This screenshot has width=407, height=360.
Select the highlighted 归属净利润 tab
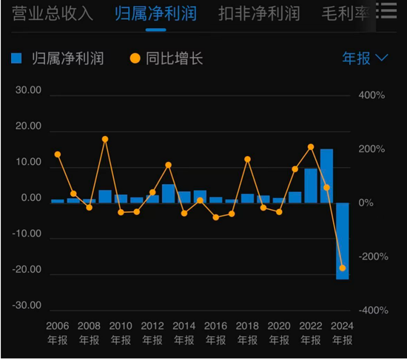[155, 13]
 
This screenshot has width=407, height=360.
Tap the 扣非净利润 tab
[259, 13]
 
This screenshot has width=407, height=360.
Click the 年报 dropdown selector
[365, 58]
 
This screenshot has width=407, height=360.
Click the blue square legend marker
[17, 58]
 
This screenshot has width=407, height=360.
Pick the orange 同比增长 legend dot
[135, 58]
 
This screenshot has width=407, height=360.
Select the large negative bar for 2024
[343, 241]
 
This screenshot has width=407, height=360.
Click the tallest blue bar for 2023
[326, 176]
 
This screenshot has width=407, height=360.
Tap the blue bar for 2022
[311, 186]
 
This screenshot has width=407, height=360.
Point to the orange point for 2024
[343, 268]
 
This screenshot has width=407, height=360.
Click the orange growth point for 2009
[105, 139]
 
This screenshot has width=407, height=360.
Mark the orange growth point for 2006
[58, 154]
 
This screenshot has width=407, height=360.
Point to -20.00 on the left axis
[30, 271]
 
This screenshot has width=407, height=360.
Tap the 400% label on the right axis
[371, 96]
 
